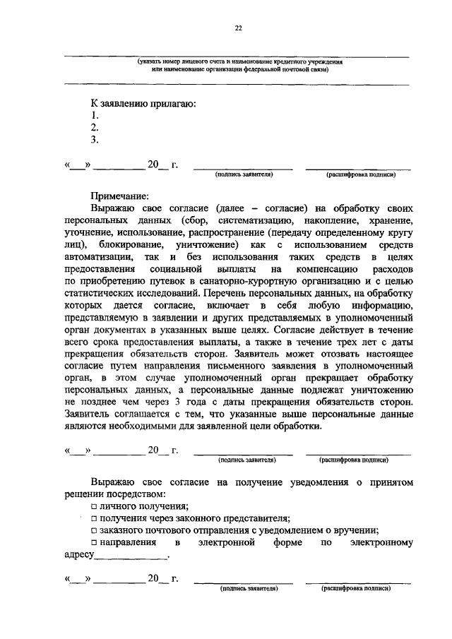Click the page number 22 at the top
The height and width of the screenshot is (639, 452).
(238, 28)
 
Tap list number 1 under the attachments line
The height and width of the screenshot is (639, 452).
(95, 115)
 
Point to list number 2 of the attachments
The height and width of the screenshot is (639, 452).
(95, 127)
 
